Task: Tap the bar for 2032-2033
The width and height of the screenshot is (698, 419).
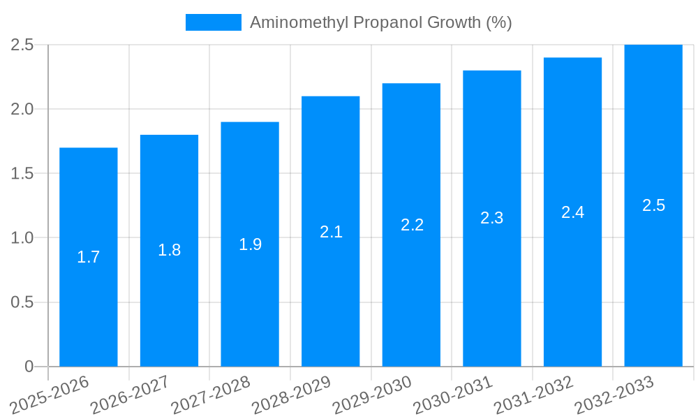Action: (x=653, y=279)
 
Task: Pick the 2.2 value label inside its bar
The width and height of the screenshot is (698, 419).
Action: (x=412, y=225)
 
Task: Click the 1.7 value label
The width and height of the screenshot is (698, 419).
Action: (x=89, y=257)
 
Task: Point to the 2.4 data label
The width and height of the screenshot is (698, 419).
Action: (x=573, y=212)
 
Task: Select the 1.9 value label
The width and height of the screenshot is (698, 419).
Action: (x=250, y=244)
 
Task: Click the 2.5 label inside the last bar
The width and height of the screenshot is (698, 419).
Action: (x=653, y=205)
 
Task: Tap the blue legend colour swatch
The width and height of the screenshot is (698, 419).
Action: (x=213, y=22)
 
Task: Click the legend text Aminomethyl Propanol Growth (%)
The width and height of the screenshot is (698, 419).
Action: (x=380, y=22)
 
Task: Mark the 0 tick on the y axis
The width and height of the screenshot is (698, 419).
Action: (x=29, y=367)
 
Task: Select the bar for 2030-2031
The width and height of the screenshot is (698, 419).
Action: (x=492, y=293)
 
